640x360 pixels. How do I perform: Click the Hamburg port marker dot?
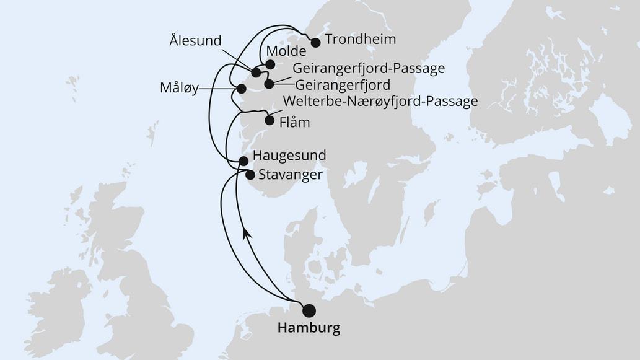coord(308,310)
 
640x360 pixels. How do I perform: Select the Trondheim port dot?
coord(315,43)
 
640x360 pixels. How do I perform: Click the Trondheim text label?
coord(360,40)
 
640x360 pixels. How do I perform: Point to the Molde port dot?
coord(270,64)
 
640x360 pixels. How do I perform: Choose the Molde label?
coord(285,51)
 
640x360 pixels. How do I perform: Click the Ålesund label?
coord(195,41)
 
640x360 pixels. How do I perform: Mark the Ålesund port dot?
coord(256,73)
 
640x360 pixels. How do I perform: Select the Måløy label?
coord(178,89)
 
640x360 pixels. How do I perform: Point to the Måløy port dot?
coord(241,89)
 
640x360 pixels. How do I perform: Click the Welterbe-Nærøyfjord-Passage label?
coord(380,101)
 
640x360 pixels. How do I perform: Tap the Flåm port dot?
coord(269,121)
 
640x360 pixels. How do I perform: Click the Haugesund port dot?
coord(243,161)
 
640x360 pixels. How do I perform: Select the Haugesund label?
coord(290,156)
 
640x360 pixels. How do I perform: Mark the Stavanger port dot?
coord(250,175)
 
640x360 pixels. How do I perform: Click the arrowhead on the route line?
coord(247,233)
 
